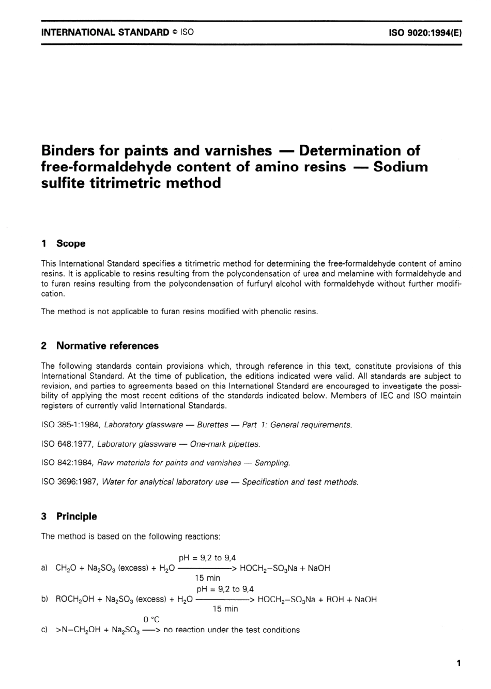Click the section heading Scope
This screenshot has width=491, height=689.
(71, 244)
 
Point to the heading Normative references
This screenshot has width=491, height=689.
(107, 346)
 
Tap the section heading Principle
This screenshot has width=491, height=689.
(76, 516)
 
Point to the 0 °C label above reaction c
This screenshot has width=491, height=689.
(151, 619)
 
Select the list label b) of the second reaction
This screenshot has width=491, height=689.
(45, 600)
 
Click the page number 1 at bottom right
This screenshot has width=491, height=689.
(458, 664)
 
